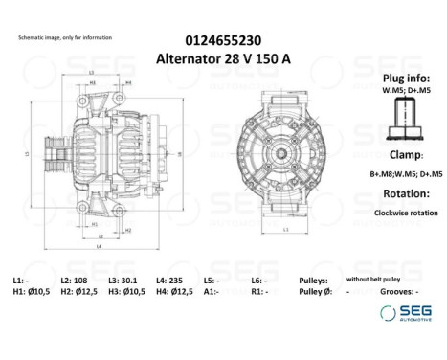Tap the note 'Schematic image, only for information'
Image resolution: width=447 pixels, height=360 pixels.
point(65,37)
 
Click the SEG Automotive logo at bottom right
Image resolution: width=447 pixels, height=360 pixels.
point(400,312)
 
